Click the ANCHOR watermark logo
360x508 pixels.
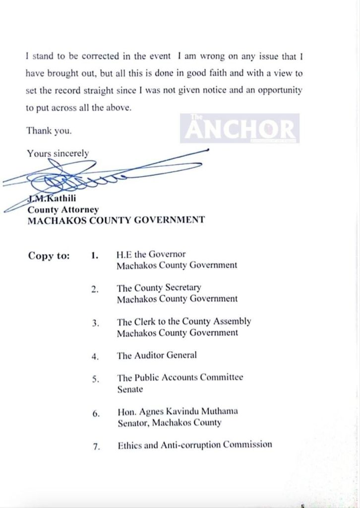[240, 128]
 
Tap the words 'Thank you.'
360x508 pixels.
[49, 131]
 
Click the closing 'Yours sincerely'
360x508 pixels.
[58, 153]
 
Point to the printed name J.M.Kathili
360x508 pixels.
[52, 200]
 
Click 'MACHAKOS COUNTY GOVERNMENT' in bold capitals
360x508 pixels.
[116, 220]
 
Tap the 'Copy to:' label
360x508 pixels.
[49, 256]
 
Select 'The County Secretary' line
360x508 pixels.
[159, 288]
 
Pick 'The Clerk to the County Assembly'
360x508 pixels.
[184, 321]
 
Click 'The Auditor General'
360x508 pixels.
[157, 355]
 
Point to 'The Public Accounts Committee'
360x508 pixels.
[180, 378]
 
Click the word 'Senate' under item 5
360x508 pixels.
[130, 389]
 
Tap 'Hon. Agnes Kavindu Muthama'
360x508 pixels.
[177, 411]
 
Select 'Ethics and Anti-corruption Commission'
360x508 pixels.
[194, 445]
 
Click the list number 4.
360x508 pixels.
[95, 356]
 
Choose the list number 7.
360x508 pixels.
[96, 446]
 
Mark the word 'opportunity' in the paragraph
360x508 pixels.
[277, 91]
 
